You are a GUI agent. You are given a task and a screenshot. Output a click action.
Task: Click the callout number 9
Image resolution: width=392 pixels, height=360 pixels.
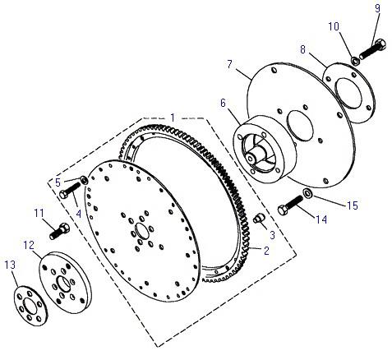(377, 8)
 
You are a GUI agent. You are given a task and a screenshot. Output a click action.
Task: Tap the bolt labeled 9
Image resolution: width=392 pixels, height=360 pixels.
(372, 49)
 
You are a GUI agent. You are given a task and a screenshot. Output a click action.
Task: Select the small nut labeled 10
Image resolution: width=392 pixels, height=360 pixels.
(355, 61)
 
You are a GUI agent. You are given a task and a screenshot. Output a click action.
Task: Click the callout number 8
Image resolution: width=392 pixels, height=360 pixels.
(302, 49)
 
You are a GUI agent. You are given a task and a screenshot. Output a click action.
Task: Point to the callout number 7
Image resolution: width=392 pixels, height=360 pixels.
(229, 65)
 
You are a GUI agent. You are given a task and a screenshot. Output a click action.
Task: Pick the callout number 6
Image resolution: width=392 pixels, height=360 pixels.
(223, 104)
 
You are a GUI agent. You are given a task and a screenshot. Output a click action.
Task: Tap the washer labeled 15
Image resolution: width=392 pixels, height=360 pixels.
(308, 193)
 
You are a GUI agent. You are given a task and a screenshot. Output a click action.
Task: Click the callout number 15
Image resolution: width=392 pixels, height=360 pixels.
(353, 205)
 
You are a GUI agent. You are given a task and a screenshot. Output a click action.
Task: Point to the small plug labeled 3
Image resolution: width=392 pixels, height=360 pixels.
(258, 219)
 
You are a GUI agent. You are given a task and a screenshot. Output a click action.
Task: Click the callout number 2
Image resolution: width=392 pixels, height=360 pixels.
(266, 250)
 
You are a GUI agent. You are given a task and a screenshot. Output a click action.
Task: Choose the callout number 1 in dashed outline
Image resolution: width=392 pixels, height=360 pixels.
(173, 118)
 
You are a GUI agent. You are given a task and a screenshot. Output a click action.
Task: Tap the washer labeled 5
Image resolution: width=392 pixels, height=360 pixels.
(84, 180)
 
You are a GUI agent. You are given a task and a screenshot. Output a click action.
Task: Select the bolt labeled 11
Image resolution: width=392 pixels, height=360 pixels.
(59, 231)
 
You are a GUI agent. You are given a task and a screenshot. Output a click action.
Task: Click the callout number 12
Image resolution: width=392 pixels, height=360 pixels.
(29, 245)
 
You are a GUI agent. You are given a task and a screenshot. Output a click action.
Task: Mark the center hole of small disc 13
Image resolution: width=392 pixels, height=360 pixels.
(30, 306)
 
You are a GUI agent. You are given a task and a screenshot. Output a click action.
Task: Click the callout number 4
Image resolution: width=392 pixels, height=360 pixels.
(79, 214)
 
